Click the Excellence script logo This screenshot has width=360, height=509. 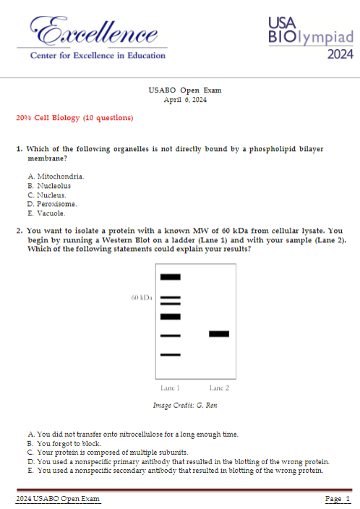[x=94, y=30]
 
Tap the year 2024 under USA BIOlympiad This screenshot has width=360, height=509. [x=340, y=54]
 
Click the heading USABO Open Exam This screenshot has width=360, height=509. [x=185, y=90]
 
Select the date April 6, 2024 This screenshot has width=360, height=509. [x=185, y=100]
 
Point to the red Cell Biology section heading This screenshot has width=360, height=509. [x=74, y=118]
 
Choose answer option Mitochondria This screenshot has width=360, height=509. [x=56, y=176]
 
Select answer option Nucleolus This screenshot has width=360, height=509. [x=49, y=186]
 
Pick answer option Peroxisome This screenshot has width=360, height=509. [x=52, y=204]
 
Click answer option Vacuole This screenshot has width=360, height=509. [x=46, y=213]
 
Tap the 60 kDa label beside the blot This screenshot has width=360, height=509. [x=142, y=298]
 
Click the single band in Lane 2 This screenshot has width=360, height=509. [x=219, y=334]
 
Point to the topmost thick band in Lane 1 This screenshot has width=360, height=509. [x=171, y=277]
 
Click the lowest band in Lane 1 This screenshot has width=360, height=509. [x=171, y=355]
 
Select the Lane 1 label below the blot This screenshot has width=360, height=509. [x=170, y=388]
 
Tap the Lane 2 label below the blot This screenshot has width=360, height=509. [x=219, y=388]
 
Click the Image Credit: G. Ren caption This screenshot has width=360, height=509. [x=185, y=405]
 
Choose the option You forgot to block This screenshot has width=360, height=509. [x=64, y=443]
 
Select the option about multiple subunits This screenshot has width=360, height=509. [x=108, y=452]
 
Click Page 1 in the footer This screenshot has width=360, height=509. [x=338, y=499]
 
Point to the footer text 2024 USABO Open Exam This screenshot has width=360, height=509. [x=58, y=499]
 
